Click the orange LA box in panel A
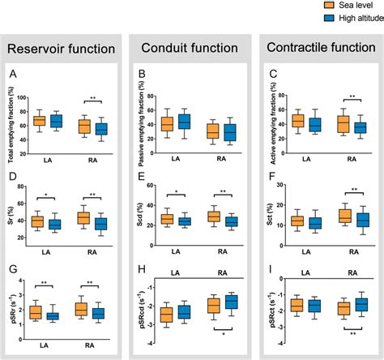click(39, 121)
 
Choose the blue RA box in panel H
click(230, 302)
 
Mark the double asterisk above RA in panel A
click(93, 99)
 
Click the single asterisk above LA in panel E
click(175, 193)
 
